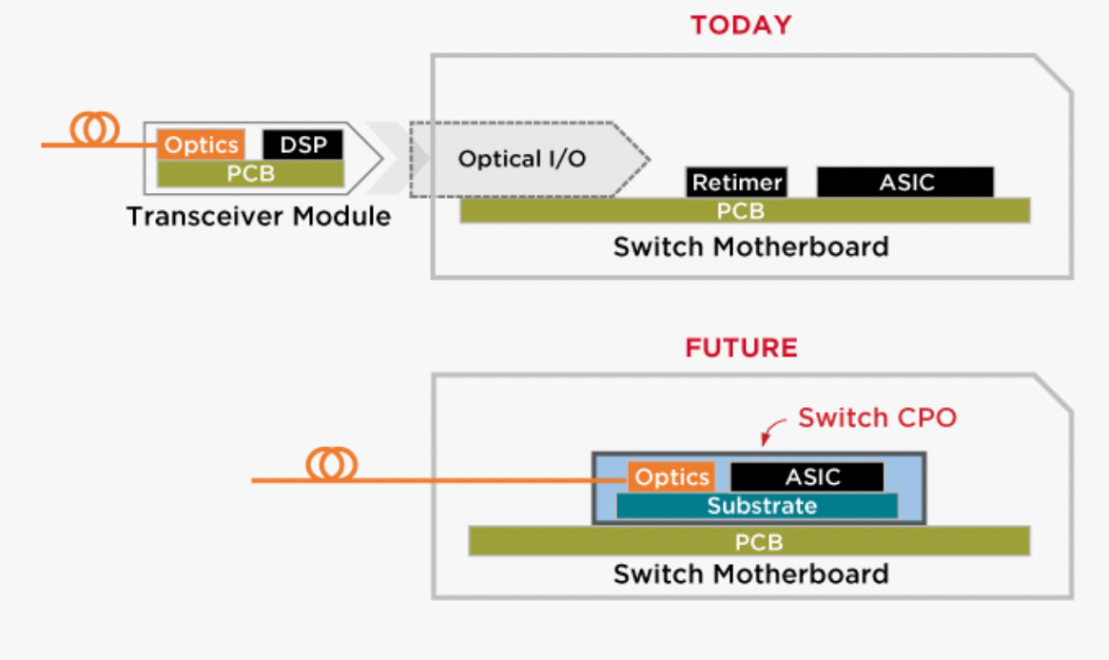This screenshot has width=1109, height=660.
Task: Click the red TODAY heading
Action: [x=741, y=26]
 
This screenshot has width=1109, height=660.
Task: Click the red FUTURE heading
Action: [x=741, y=348]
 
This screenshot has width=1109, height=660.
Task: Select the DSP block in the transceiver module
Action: [x=302, y=145]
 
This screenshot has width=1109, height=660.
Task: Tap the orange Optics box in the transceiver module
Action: [x=201, y=145]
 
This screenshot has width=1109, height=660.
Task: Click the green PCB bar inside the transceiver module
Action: [x=250, y=174]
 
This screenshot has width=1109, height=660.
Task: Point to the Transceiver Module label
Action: [x=258, y=217]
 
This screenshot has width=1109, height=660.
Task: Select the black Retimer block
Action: [x=736, y=183]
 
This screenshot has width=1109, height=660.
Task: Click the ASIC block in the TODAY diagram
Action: [x=905, y=183]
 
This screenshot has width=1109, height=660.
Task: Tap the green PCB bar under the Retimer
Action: [x=745, y=211]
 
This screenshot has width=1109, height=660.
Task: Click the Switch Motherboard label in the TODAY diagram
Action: [x=750, y=247]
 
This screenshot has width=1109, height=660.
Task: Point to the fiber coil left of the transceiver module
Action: [x=94, y=128]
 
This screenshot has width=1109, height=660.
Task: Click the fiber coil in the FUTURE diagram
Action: [x=331, y=465]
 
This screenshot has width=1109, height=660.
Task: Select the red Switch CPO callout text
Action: [x=877, y=417]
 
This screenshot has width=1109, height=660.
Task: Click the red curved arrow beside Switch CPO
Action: [x=771, y=429]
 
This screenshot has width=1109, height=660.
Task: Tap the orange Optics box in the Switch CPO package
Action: [x=671, y=476]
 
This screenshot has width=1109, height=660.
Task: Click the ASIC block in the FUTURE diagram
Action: [x=807, y=476]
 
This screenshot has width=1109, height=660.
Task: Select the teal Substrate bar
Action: [x=757, y=506]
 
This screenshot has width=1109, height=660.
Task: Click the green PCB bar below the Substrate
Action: [x=749, y=542]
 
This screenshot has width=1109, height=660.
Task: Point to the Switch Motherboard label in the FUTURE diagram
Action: [x=750, y=574]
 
